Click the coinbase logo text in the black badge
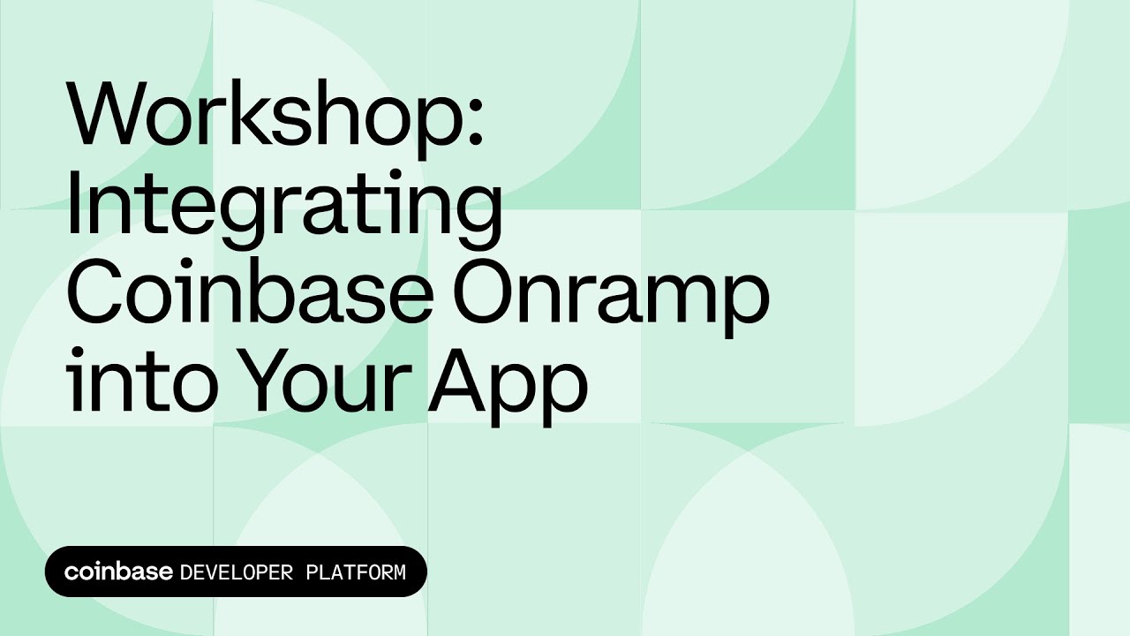(118, 572)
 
